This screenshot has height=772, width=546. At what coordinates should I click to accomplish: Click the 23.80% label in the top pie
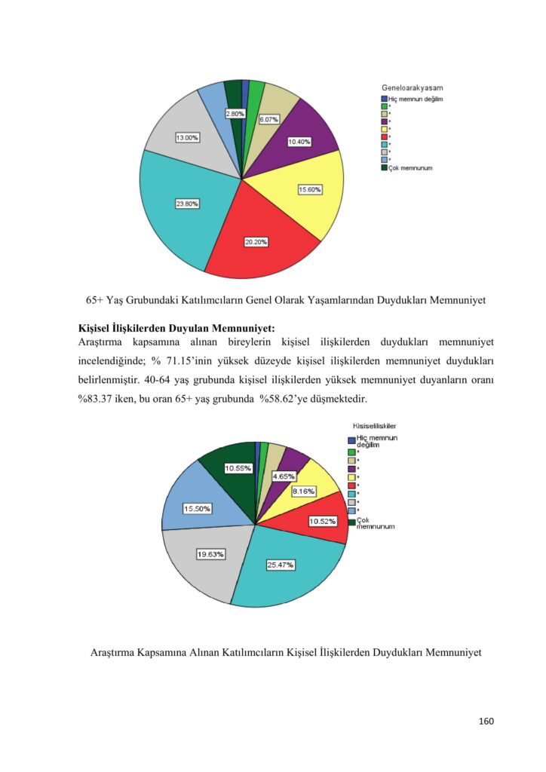pyautogui.click(x=187, y=204)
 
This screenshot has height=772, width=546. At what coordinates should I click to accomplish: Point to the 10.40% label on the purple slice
pyautogui.click(x=300, y=142)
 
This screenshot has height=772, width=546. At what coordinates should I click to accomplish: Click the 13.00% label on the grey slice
pyautogui.click(x=187, y=138)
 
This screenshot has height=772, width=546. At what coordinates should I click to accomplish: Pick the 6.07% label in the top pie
pyautogui.click(x=269, y=119)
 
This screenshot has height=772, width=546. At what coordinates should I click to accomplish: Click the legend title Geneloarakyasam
pyautogui.click(x=412, y=88)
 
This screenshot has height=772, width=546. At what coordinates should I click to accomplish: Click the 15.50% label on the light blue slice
pyautogui.click(x=198, y=509)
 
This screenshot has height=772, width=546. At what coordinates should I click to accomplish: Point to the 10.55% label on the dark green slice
pyautogui.click(x=238, y=468)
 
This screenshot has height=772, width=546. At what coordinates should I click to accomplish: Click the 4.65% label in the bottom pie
pyautogui.click(x=284, y=476)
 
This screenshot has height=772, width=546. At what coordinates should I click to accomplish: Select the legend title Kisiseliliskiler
pyautogui.click(x=376, y=426)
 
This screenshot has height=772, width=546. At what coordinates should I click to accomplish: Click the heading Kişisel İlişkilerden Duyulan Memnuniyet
pyautogui.click(x=176, y=328)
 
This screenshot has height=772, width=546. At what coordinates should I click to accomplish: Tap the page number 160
pyautogui.click(x=486, y=721)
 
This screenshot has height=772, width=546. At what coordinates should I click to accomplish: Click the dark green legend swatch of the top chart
pyautogui.click(x=384, y=167)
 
